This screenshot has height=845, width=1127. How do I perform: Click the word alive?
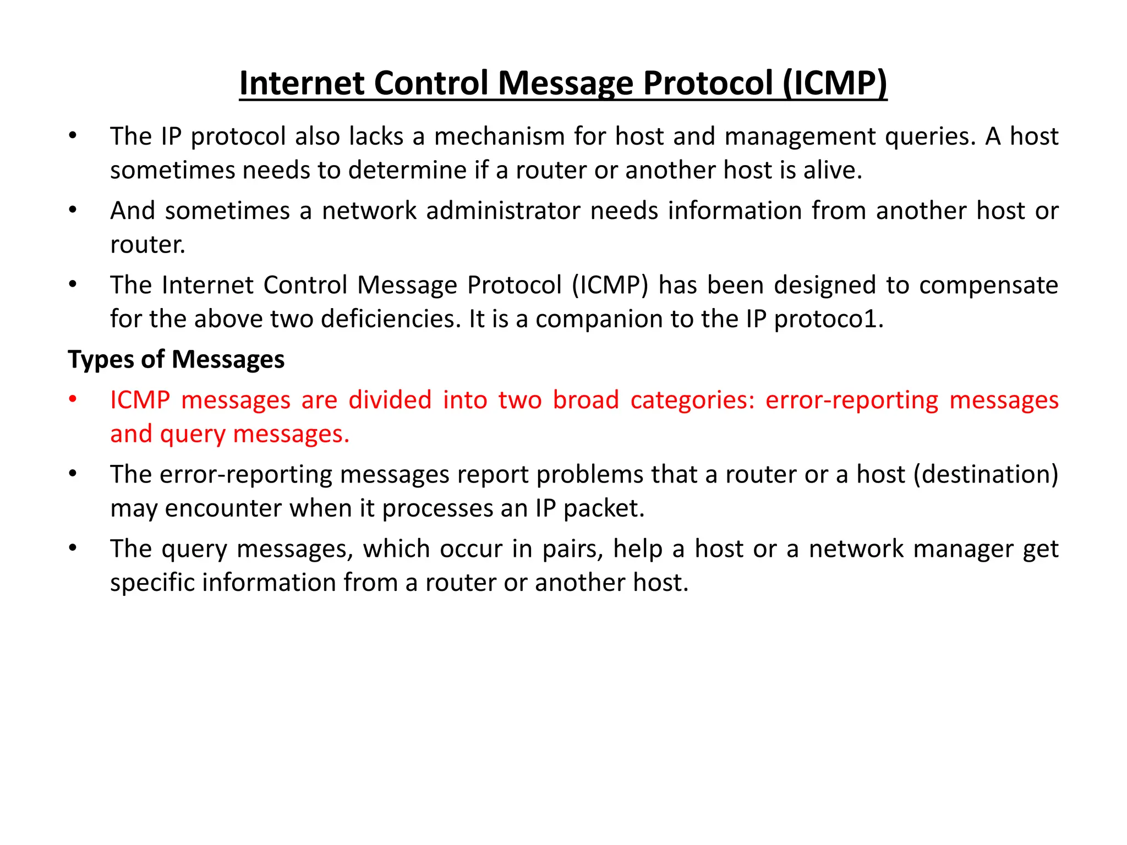[833, 170]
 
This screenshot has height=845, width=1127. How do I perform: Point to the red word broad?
[586, 400]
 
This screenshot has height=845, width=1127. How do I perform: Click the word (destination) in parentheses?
[986, 474]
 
